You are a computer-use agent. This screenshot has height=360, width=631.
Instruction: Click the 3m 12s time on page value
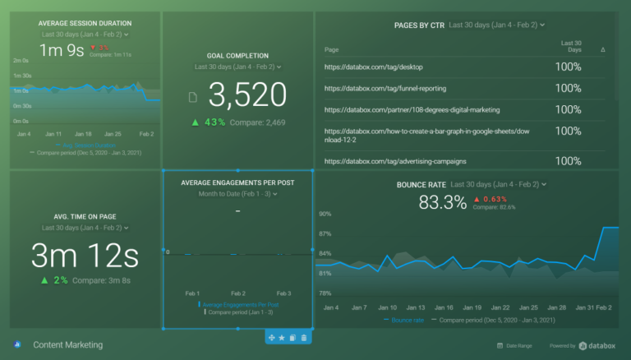pos(85,256)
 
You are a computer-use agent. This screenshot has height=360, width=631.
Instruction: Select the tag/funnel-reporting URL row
pos(374,88)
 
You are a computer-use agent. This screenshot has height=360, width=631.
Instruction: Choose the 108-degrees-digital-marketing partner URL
pos(412,109)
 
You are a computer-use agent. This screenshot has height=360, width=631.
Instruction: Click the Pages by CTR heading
pos(420,25)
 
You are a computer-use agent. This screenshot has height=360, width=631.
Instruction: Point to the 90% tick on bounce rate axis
pos(325,214)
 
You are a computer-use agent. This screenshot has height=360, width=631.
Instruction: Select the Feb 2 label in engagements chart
pos(238,293)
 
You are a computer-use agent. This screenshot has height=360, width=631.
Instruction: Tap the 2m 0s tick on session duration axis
pos(21,61)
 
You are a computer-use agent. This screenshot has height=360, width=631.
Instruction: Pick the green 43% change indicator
pos(209,122)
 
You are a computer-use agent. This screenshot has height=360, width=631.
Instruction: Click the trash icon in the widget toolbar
pos(304,338)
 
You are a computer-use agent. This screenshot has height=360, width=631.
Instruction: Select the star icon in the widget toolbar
pos(282,338)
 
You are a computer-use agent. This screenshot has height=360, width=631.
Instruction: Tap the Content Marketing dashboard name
pos(68,345)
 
